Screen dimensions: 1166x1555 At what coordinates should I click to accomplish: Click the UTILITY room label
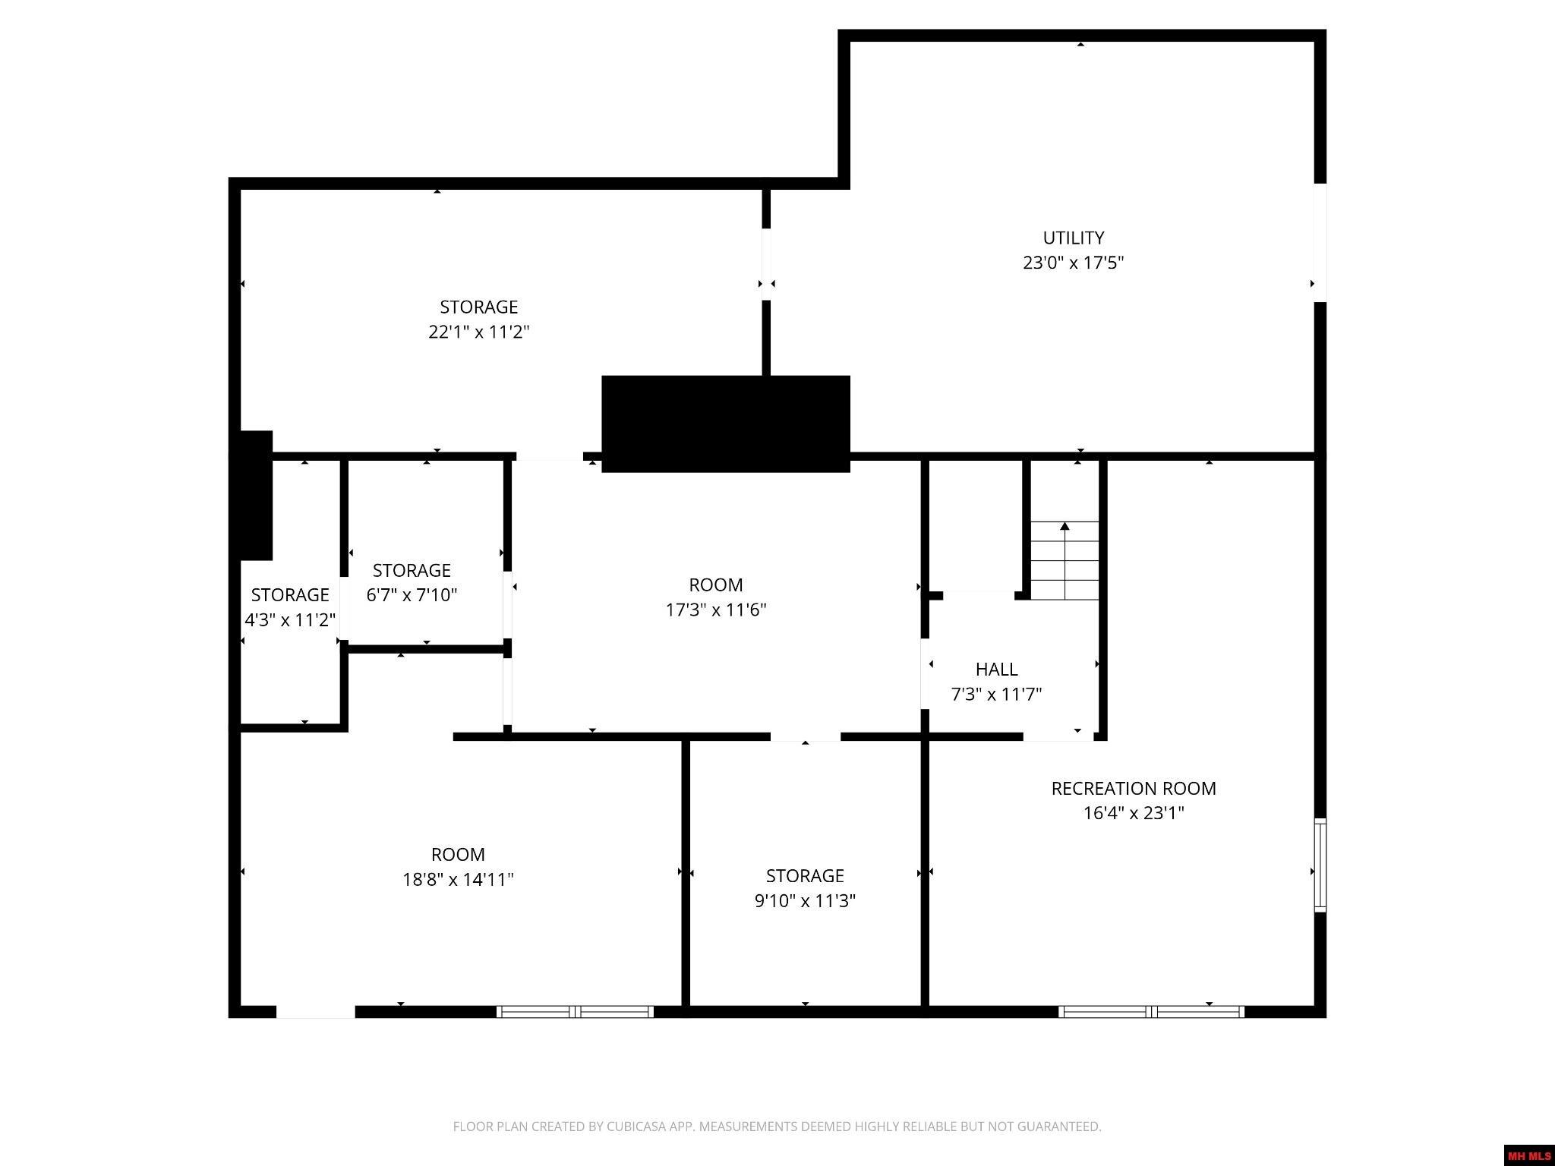pyautogui.click(x=1073, y=238)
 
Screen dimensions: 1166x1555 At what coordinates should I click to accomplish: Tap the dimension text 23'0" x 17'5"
pyautogui.click(x=1073, y=263)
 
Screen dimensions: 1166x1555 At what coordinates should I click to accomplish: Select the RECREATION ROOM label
pyautogui.click(x=1133, y=788)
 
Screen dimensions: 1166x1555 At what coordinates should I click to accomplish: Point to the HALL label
pyautogui.click(x=996, y=669)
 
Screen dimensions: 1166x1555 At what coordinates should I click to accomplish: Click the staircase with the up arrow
pyautogui.click(x=1065, y=559)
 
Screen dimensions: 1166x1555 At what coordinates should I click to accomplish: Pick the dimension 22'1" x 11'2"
pyautogui.click(x=478, y=332)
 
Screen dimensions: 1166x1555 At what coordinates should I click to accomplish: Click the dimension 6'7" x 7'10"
pyautogui.click(x=412, y=594)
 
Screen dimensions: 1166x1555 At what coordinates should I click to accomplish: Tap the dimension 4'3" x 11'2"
pyautogui.click(x=290, y=619)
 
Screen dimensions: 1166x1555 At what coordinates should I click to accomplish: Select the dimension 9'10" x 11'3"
pyautogui.click(x=805, y=900)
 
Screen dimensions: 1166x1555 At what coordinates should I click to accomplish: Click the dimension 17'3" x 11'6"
pyautogui.click(x=716, y=610)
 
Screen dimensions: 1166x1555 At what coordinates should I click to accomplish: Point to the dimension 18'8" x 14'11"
pyautogui.click(x=458, y=879)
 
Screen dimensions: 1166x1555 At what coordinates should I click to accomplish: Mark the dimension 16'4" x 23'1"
pyautogui.click(x=1133, y=813)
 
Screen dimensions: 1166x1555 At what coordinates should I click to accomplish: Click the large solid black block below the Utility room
pyautogui.click(x=725, y=424)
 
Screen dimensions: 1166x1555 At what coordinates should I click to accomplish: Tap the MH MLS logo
pyautogui.click(x=1528, y=1155)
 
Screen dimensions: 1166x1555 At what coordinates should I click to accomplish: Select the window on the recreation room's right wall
pyautogui.click(x=1320, y=865)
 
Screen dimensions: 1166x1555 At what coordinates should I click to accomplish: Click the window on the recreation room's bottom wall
pyautogui.click(x=1151, y=1011)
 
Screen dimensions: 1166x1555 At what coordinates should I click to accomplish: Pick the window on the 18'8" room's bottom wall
pyautogui.click(x=575, y=1011)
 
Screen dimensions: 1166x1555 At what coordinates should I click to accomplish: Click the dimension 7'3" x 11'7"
pyautogui.click(x=996, y=694)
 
